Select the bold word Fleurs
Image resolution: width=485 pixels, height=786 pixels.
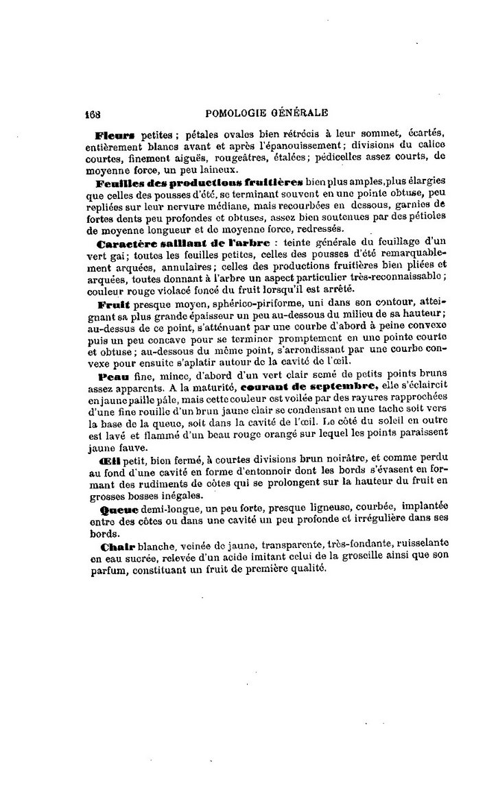(x=116, y=135)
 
